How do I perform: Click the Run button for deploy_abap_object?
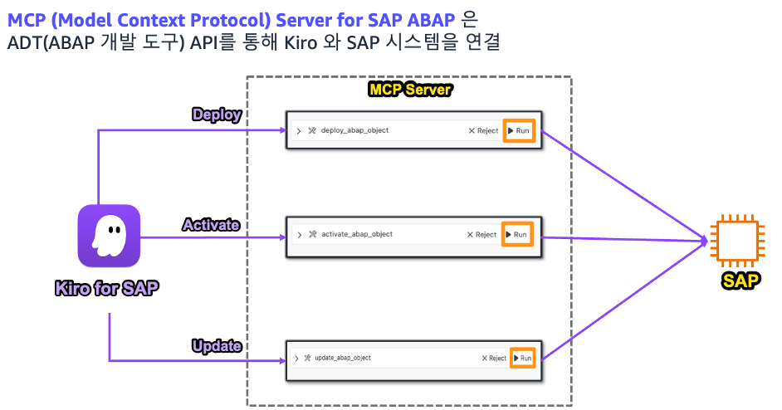519,130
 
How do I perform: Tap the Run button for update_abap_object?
522,358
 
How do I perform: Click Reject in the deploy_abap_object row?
483,130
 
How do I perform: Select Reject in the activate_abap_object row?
481,235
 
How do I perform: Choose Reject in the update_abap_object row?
493,358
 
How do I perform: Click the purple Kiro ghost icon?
109,237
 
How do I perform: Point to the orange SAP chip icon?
739,241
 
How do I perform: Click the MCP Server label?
409,89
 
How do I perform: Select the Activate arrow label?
211,224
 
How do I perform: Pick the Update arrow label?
216,345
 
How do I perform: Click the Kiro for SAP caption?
108,289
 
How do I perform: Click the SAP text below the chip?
739,281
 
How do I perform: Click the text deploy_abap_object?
354,130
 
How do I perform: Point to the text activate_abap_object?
356,234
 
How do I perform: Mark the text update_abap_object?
343,358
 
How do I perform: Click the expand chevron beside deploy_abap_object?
298,131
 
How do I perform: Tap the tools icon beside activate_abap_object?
312,235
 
